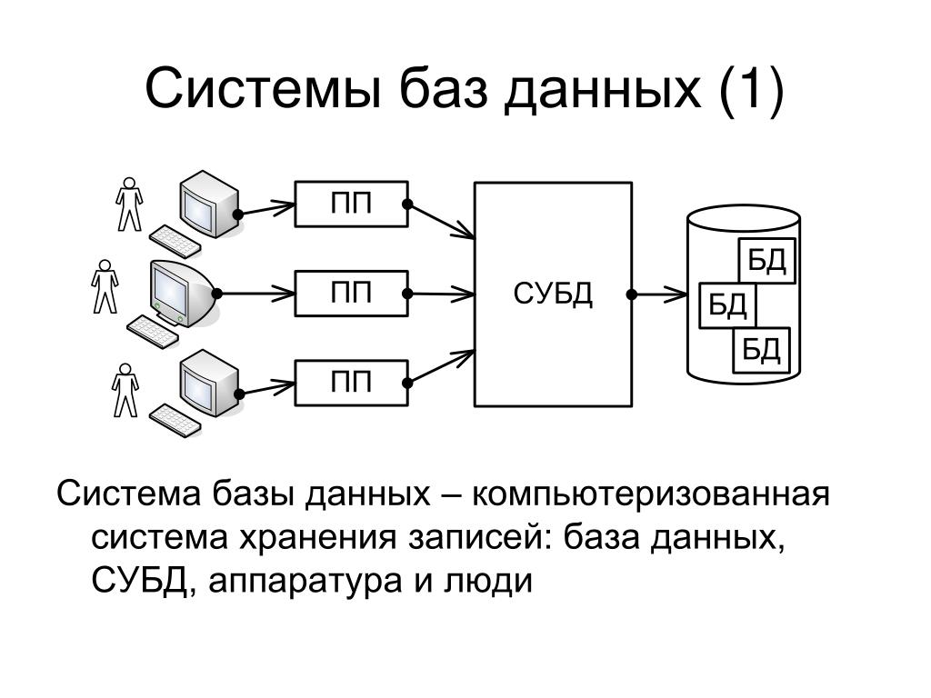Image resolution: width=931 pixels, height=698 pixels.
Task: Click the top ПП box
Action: point(352,204)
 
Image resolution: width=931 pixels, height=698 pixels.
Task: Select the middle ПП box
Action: point(352,294)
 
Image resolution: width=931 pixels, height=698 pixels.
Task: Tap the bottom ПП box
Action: point(352,383)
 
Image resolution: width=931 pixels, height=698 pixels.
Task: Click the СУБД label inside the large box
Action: point(553,294)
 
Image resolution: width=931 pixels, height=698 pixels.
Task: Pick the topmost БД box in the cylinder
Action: point(766,260)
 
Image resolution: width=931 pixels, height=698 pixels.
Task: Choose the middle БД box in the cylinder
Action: point(728,305)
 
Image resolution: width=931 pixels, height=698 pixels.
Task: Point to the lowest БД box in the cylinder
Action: point(762,350)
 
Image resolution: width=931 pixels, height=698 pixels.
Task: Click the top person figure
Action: point(129,204)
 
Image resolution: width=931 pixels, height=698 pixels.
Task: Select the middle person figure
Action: point(105,286)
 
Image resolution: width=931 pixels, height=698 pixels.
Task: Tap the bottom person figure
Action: point(125,391)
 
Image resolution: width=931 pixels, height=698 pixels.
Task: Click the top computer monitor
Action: point(210,204)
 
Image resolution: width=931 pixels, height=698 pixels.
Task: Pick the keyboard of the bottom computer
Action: point(175,420)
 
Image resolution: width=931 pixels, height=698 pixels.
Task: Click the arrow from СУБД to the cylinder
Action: point(659,294)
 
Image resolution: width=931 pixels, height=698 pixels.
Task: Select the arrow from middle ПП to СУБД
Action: point(440,294)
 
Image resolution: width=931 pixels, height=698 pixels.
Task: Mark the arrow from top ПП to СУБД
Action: point(440,221)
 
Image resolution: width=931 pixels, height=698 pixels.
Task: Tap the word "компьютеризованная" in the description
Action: point(651,494)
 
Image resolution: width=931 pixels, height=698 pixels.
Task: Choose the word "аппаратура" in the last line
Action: point(305,582)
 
